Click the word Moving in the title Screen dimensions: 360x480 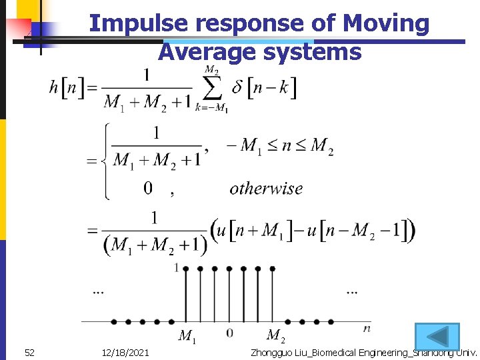[386, 24]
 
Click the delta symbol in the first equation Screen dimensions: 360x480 [237, 87]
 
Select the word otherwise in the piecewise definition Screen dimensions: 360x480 [266, 189]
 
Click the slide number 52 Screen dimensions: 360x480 [29, 352]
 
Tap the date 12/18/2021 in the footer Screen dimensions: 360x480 [126, 352]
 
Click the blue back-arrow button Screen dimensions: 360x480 [437, 336]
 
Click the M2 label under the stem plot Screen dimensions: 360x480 [275, 336]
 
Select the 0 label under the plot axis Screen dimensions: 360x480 [229, 333]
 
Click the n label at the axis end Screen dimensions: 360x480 [367, 329]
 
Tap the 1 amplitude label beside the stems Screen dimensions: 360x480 [177, 268]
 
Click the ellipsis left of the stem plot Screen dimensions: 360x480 [99, 292]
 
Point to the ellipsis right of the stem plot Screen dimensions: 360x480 [351, 292]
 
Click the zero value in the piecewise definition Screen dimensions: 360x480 [149, 189]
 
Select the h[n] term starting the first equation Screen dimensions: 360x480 [67, 87]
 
